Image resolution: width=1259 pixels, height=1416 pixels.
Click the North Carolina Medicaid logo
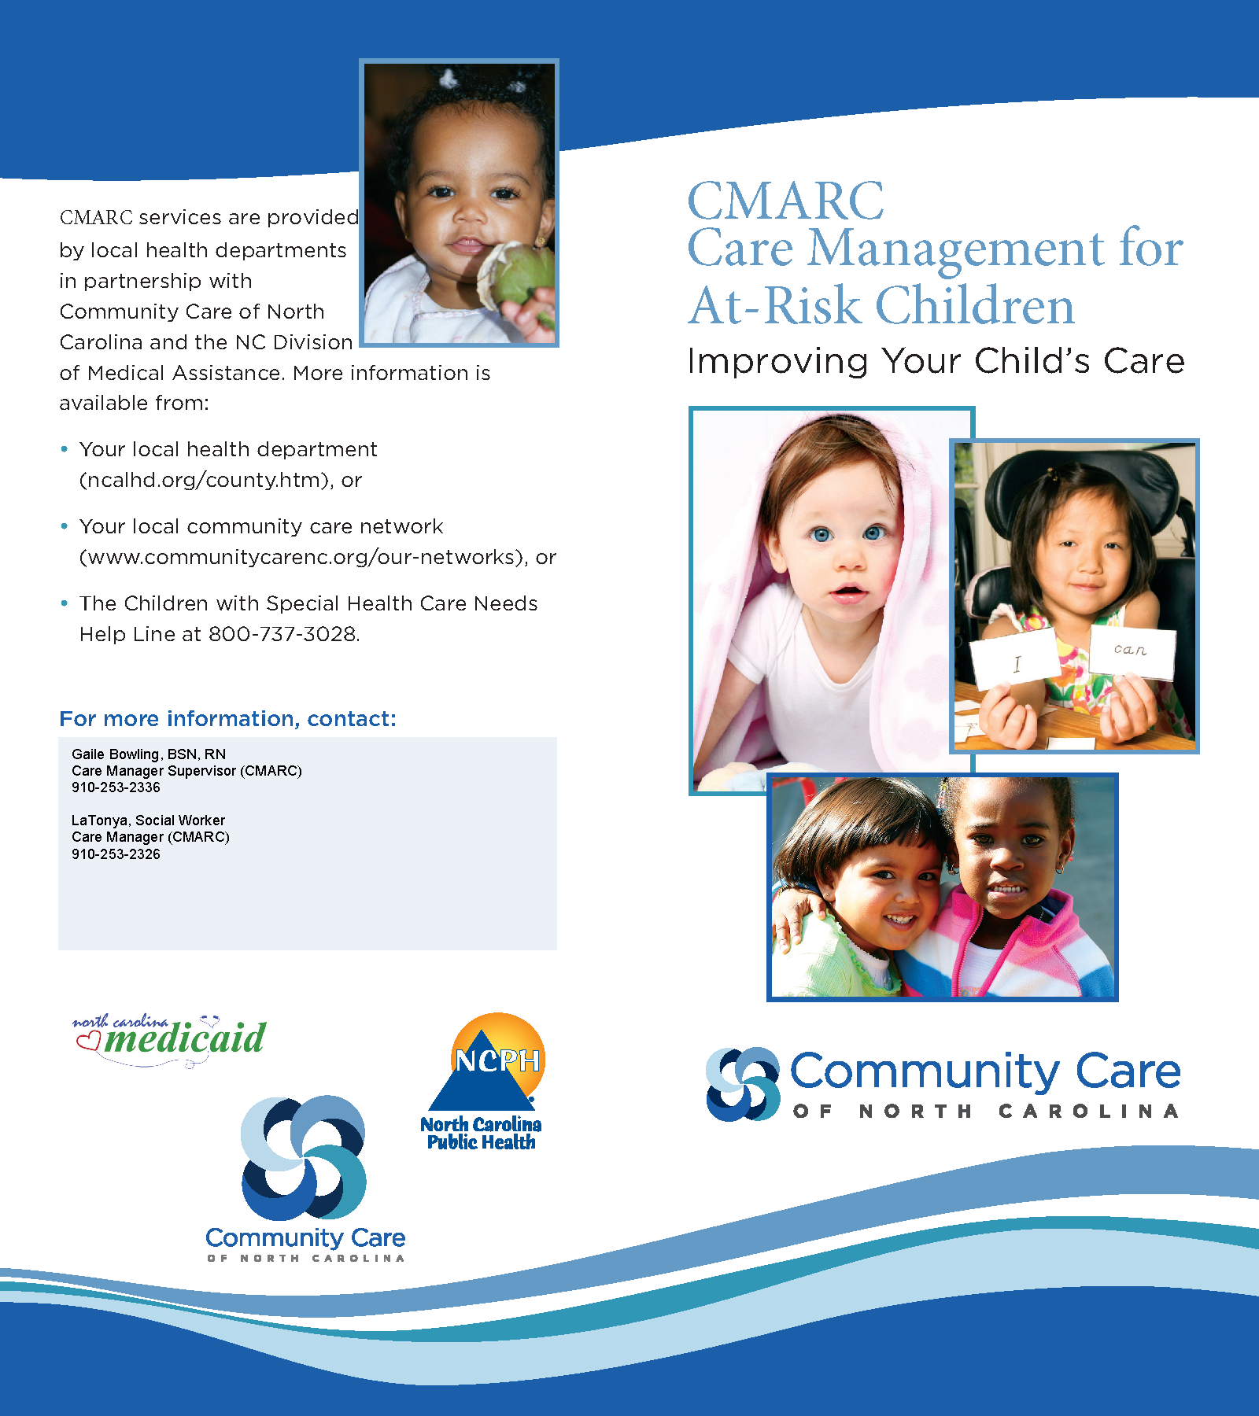coord(170,1039)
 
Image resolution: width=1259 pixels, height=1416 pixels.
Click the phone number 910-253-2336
coord(116,787)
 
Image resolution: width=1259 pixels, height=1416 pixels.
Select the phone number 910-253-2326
coord(116,854)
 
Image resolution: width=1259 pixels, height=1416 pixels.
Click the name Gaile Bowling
coord(115,754)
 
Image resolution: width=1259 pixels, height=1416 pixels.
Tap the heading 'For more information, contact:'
coord(227,719)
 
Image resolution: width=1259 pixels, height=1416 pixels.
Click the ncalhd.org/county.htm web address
coord(204,480)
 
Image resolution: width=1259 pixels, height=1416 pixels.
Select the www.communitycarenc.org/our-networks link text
coord(301,557)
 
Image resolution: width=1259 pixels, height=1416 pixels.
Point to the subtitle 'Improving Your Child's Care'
coord(936,361)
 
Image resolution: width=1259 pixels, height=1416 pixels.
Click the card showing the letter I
coord(1014,659)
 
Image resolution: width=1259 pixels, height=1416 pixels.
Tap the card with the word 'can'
coord(1132,651)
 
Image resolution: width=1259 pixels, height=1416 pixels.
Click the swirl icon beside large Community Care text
coord(742,1083)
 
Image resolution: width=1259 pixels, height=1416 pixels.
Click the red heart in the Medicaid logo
coord(88,1041)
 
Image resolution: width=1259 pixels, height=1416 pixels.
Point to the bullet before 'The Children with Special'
coord(65,603)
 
